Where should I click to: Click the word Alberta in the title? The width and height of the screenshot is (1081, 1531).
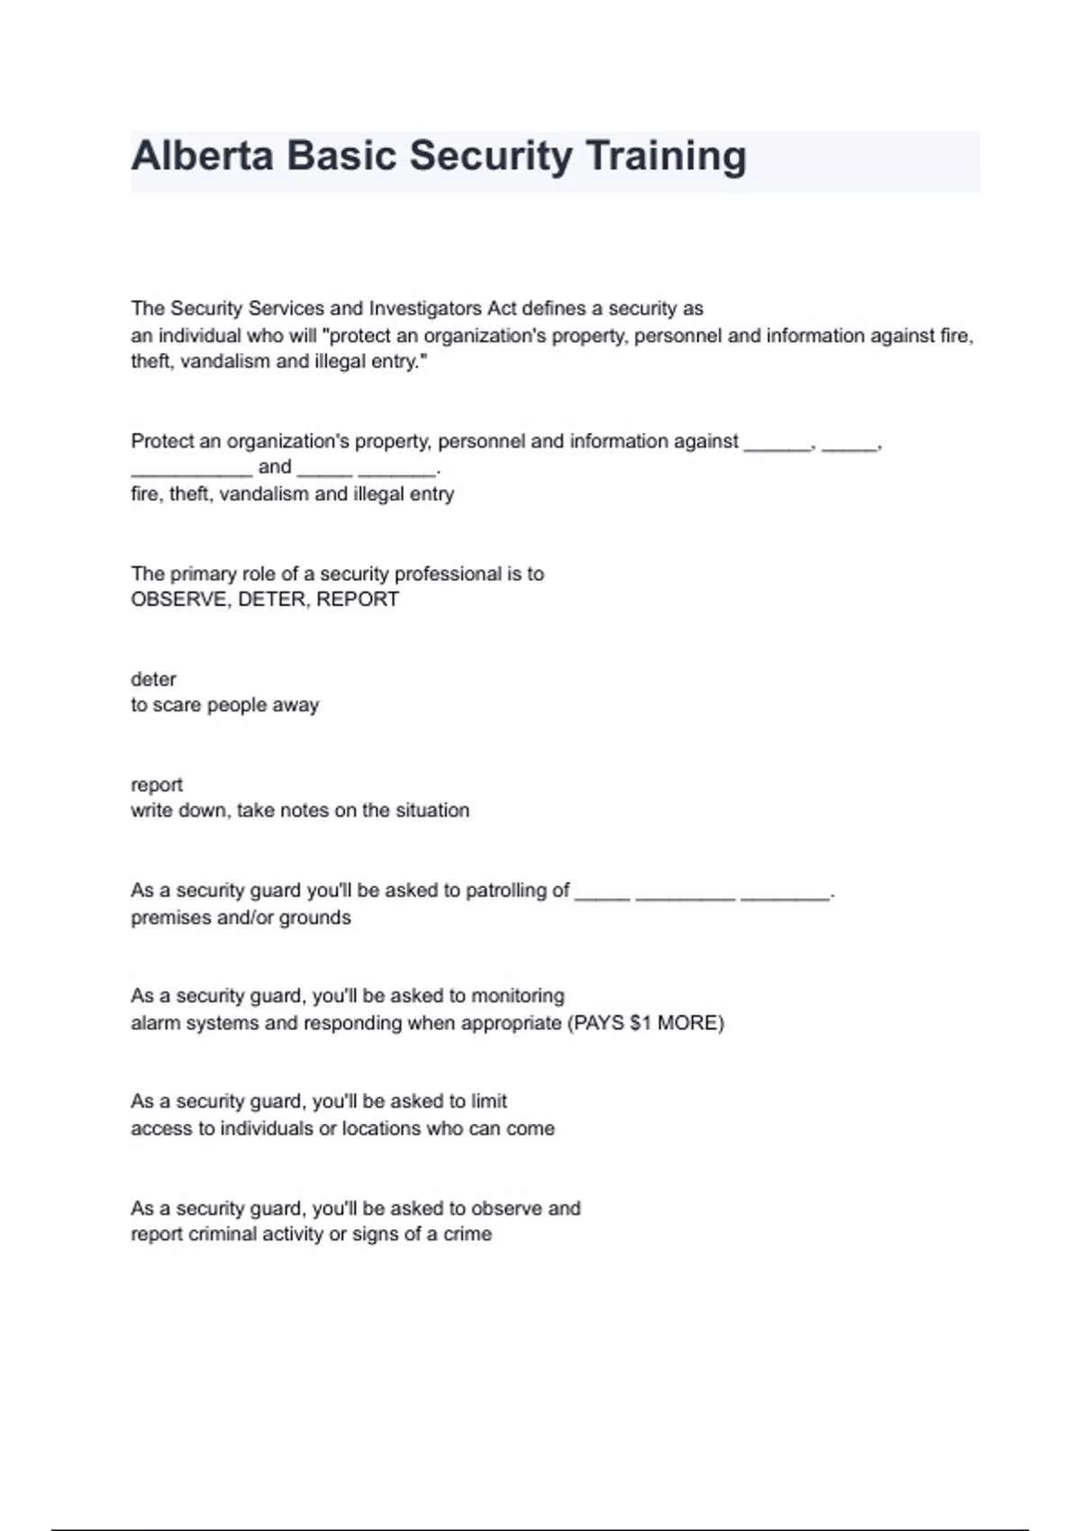(202, 156)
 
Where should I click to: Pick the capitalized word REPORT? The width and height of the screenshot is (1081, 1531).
(358, 600)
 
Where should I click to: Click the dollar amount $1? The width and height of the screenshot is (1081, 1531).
(640, 1023)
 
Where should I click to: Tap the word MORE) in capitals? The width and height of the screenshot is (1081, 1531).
(690, 1023)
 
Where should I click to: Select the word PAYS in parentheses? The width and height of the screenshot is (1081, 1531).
(599, 1023)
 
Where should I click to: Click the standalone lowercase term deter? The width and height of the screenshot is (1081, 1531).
(153, 679)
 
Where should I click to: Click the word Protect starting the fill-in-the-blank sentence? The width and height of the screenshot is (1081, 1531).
(162, 441)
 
